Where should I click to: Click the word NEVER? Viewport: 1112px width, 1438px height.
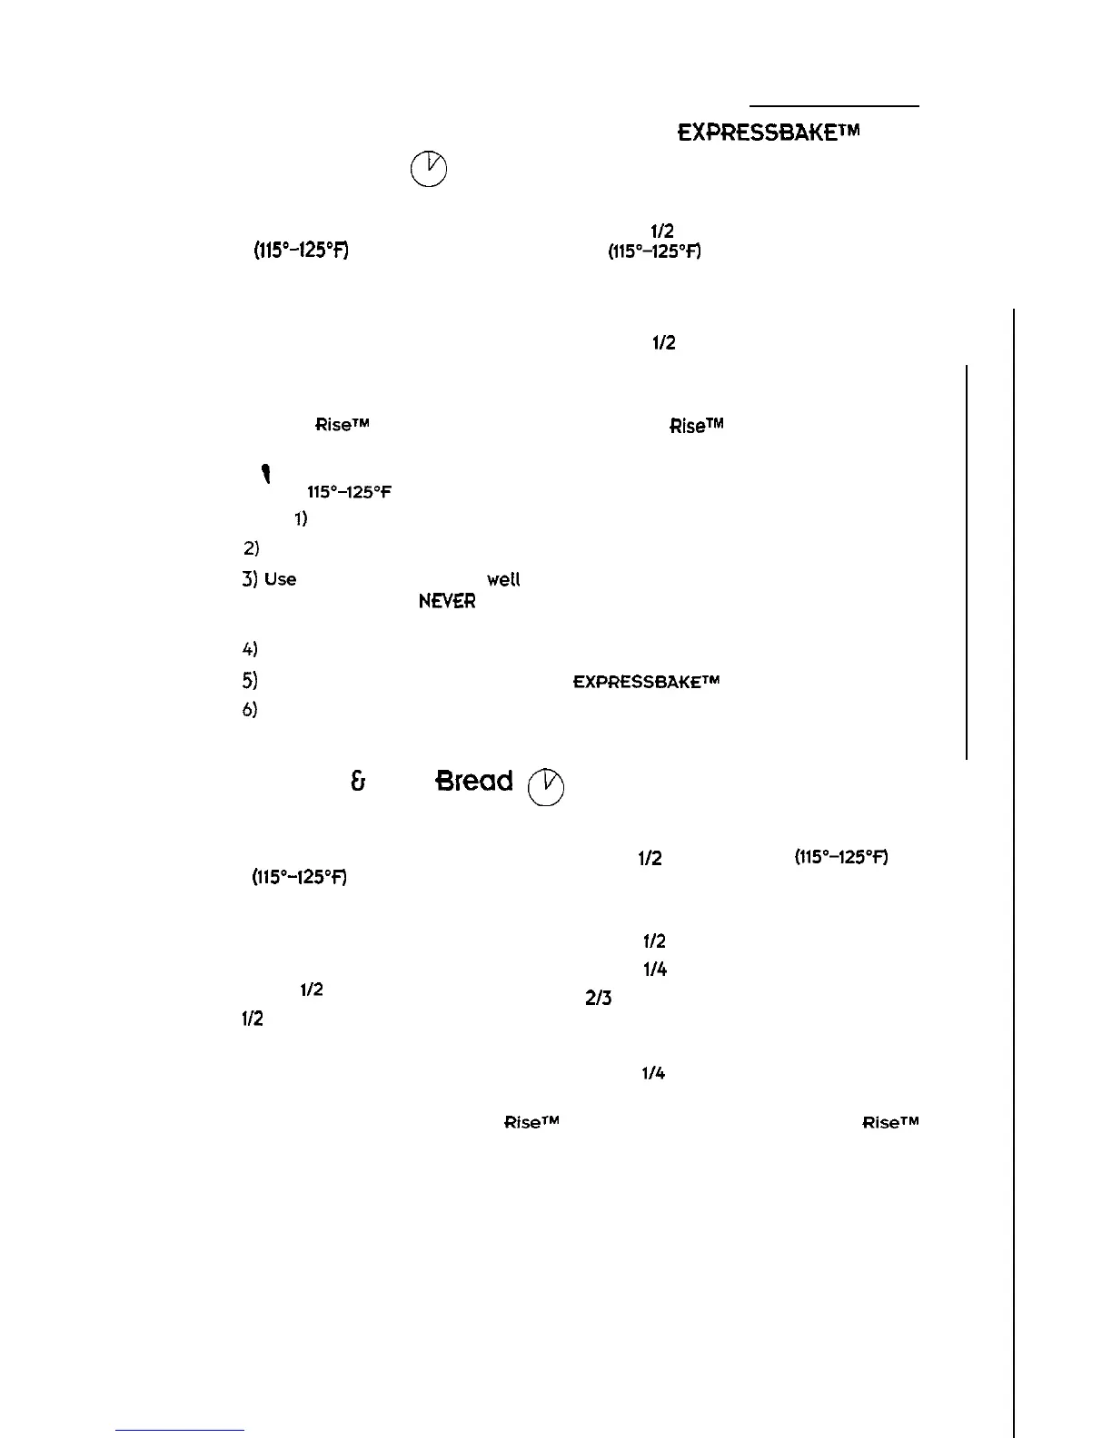click(x=447, y=602)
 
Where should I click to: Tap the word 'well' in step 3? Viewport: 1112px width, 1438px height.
click(x=504, y=579)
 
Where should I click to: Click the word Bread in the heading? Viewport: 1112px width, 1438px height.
click(x=474, y=782)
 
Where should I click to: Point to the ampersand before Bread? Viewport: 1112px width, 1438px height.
click(x=358, y=782)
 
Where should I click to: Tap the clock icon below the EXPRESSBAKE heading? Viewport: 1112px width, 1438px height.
click(x=429, y=169)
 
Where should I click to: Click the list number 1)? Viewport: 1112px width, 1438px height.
click(x=300, y=519)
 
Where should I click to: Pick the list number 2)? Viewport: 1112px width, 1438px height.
click(x=252, y=548)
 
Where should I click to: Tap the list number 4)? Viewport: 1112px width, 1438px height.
click(x=251, y=649)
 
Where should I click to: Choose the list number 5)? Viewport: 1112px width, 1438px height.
click(x=251, y=680)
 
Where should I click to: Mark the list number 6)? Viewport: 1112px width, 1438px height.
click(x=251, y=710)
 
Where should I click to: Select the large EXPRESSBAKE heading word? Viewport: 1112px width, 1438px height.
click(x=768, y=133)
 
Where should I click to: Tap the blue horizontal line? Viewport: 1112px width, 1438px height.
click(x=181, y=1430)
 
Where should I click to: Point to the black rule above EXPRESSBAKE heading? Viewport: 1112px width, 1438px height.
click(x=834, y=106)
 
